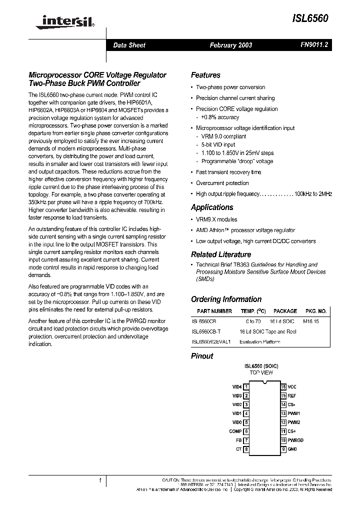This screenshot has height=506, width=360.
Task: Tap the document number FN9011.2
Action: pyautogui.click(x=314, y=45)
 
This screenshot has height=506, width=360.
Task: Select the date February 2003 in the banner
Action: pyautogui.click(x=230, y=45)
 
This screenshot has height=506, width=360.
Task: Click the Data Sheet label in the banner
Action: pyautogui.click(x=129, y=45)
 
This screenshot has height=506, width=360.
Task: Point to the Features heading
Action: pyautogui.click(x=205, y=75)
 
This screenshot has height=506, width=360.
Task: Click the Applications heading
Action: pyautogui.click(x=212, y=207)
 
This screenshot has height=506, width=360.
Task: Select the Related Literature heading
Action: pyautogui.click(x=221, y=254)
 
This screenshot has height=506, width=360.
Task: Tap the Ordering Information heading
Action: pyautogui.click(x=226, y=299)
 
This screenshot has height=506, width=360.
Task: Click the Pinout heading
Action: pyautogui.click(x=202, y=356)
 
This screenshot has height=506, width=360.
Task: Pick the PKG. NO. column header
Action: pyautogui.click(x=315, y=311)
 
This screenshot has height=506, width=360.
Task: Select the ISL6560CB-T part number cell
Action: pyautogui.click(x=208, y=331)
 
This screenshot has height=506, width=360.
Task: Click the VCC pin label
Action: pyautogui.click(x=292, y=387)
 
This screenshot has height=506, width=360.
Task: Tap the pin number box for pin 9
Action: pyautogui.click(x=283, y=449)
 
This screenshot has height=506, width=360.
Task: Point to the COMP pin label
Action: pyautogui.click(x=235, y=431)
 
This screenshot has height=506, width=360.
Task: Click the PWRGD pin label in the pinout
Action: pyautogui.click(x=295, y=440)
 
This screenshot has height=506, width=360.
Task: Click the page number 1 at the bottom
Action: pyautogui.click(x=100, y=480)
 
